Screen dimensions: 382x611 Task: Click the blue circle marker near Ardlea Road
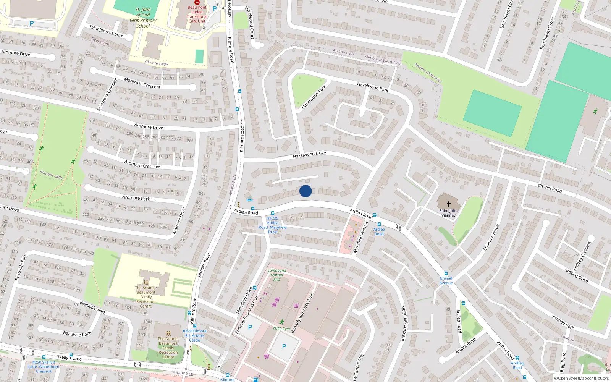(x=305, y=191)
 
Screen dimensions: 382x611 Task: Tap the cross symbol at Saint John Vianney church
(x=449, y=204)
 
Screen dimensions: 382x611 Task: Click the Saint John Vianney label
(x=448, y=213)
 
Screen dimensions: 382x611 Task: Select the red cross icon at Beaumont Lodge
(x=197, y=2)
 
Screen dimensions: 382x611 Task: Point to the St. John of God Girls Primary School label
(x=143, y=18)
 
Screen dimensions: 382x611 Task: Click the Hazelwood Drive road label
(x=309, y=154)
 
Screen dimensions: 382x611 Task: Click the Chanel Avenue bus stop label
(x=446, y=281)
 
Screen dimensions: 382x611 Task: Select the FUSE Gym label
(x=281, y=329)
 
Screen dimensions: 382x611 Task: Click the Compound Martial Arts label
(x=277, y=275)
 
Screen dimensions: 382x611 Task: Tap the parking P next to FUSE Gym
(x=284, y=346)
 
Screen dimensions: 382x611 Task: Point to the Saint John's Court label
(x=106, y=31)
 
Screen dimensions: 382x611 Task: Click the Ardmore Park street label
(x=136, y=198)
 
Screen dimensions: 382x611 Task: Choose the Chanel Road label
(x=550, y=188)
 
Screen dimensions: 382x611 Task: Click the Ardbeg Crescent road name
(x=582, y=256)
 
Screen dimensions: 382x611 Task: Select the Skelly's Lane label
(x=69, y=358)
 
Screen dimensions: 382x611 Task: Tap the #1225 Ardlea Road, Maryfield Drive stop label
(x=273, y=225)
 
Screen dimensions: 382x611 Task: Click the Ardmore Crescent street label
(x=142, y=165)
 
